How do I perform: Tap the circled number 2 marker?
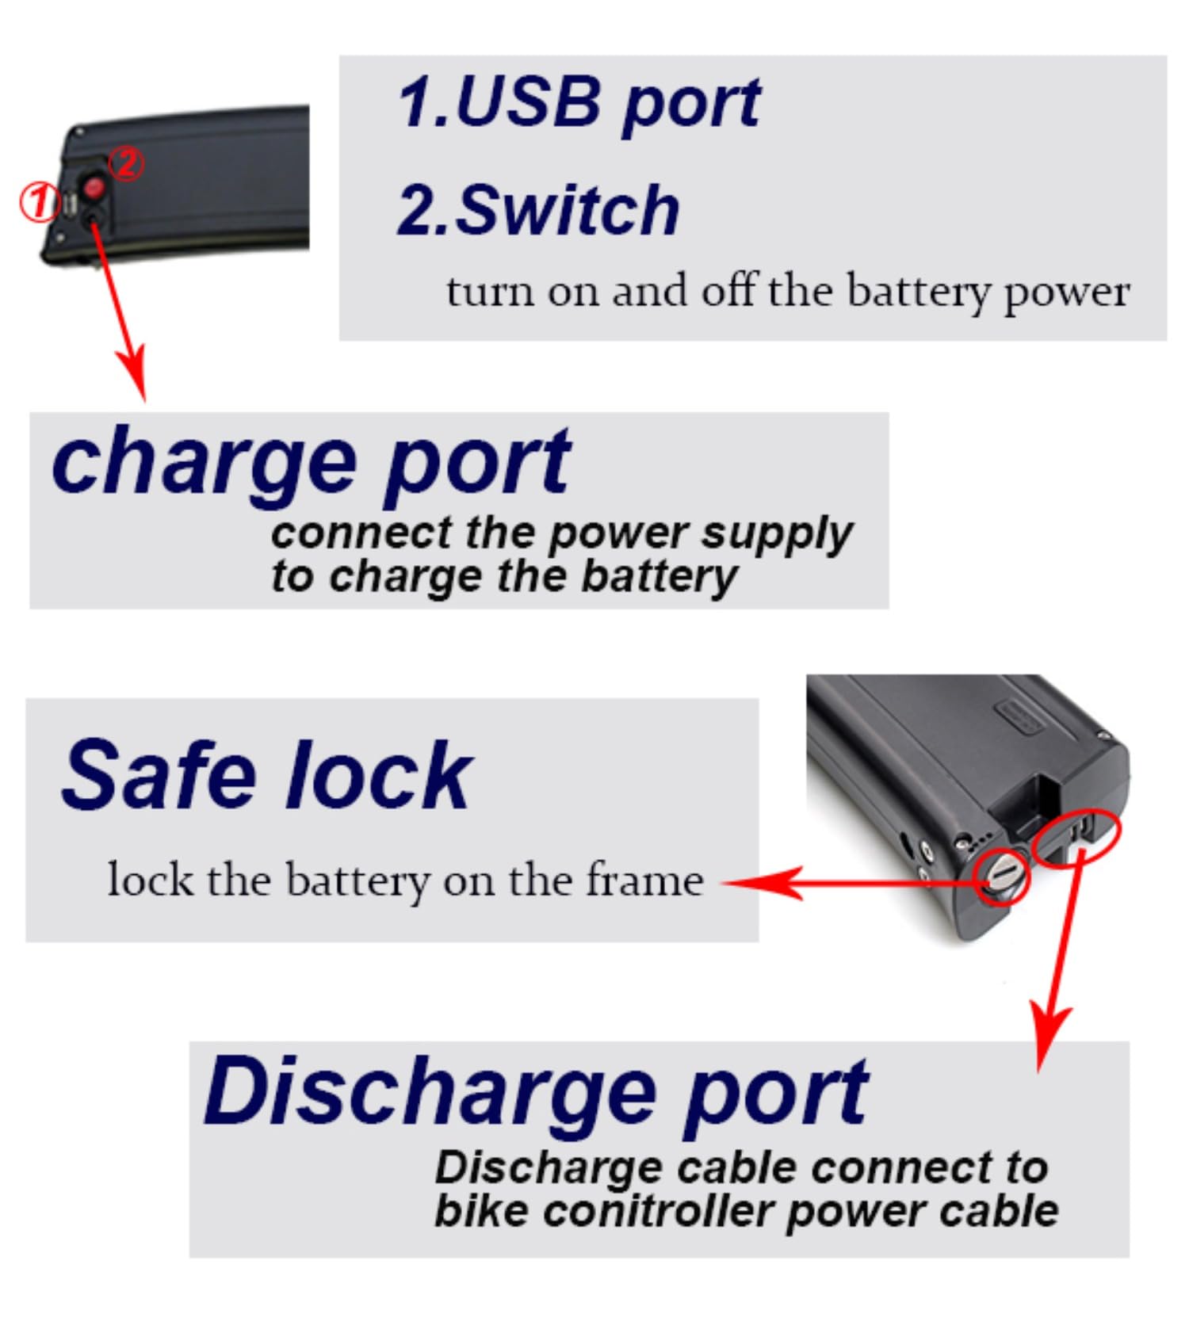[x=126, y=163]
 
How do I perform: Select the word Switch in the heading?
[x=568, y=210]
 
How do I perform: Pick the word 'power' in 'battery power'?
[x=1066, y=295]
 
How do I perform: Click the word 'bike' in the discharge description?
[x=481, y=1210]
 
